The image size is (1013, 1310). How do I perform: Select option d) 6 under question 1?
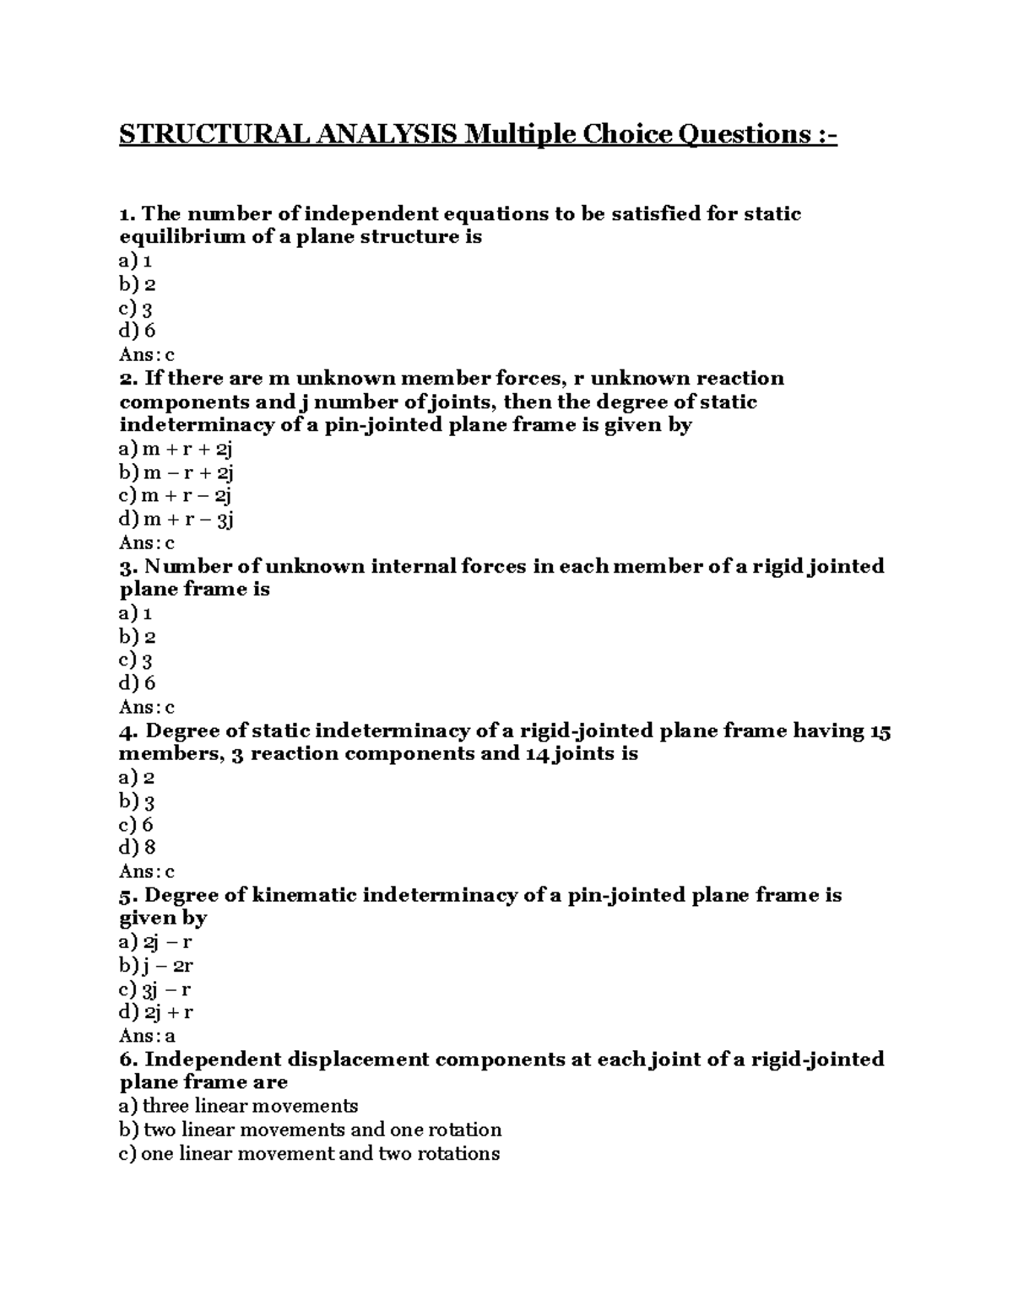[x=138, y=332]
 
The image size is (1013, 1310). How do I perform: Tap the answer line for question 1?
[x=147, y=355]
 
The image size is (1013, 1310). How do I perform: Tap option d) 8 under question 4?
[x=138, y=848]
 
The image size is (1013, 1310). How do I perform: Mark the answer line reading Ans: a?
[x=147, y=1036]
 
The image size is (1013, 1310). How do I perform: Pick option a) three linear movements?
[x=239, y=1106]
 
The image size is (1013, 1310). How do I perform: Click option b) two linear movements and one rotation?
[x=311, y=1129]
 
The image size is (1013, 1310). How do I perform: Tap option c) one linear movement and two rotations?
[x=310, y=1153]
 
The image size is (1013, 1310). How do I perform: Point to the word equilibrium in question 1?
[x=183, y=237]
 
